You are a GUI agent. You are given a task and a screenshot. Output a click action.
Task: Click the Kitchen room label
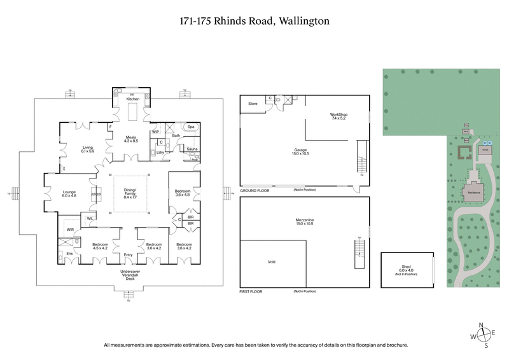coord(132,99)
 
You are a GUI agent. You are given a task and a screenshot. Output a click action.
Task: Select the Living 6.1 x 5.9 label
coord(88,149)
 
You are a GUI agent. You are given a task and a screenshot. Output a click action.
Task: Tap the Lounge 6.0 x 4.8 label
coord(69,193)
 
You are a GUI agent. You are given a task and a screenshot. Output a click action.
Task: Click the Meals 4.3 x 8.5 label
coord(131,138)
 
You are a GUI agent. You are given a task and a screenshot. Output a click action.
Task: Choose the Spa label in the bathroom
coord(190,127)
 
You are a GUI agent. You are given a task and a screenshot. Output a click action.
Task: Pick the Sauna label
coord(190,149)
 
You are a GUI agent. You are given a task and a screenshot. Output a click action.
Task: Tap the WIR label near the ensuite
coord(70,229)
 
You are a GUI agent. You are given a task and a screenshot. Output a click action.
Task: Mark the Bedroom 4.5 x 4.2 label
coord(100,246)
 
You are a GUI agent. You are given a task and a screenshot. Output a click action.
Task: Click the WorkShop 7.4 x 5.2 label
coord(339,116)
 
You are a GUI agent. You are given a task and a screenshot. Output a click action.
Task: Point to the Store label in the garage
coord(252,103)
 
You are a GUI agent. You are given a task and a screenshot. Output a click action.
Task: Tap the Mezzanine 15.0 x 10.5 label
coord(304,222)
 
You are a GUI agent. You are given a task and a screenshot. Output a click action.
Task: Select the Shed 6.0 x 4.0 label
coord(407,269)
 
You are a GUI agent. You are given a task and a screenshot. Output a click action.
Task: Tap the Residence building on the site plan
coord(473,191)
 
